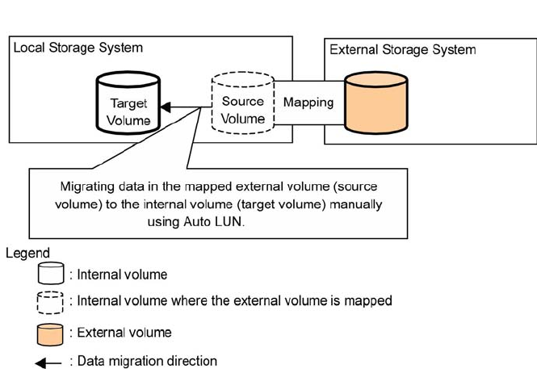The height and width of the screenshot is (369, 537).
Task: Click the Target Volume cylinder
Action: [129, 104]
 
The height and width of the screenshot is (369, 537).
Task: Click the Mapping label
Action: [308, 103]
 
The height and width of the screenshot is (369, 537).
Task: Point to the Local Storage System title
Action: [78, 48]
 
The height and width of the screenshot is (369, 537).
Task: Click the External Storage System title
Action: [402, 49]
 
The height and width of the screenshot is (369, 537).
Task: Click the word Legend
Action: [27, 254]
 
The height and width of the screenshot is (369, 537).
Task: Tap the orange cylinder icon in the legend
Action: [50, 333]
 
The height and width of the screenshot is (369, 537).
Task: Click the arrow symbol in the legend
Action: [48, 363]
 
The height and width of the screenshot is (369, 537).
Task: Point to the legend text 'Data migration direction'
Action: [147, 361]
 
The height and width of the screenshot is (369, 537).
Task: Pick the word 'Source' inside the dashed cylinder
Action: [243, 102]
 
